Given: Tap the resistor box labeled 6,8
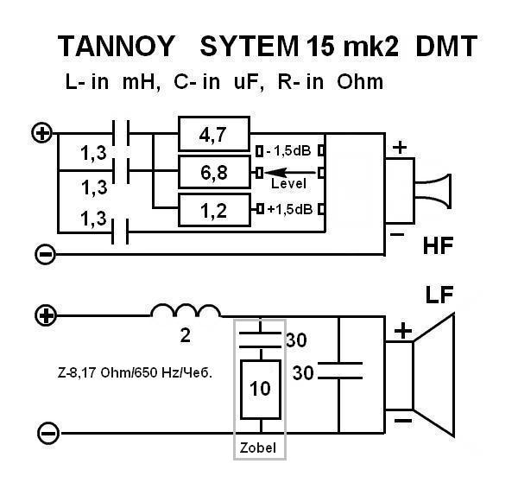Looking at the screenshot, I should tap(214, 173).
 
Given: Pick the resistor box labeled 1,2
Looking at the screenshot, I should tap(214, 210).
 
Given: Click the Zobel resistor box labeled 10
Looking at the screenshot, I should tap(260, 389).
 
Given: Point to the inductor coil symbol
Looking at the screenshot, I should tap(186, 311).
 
